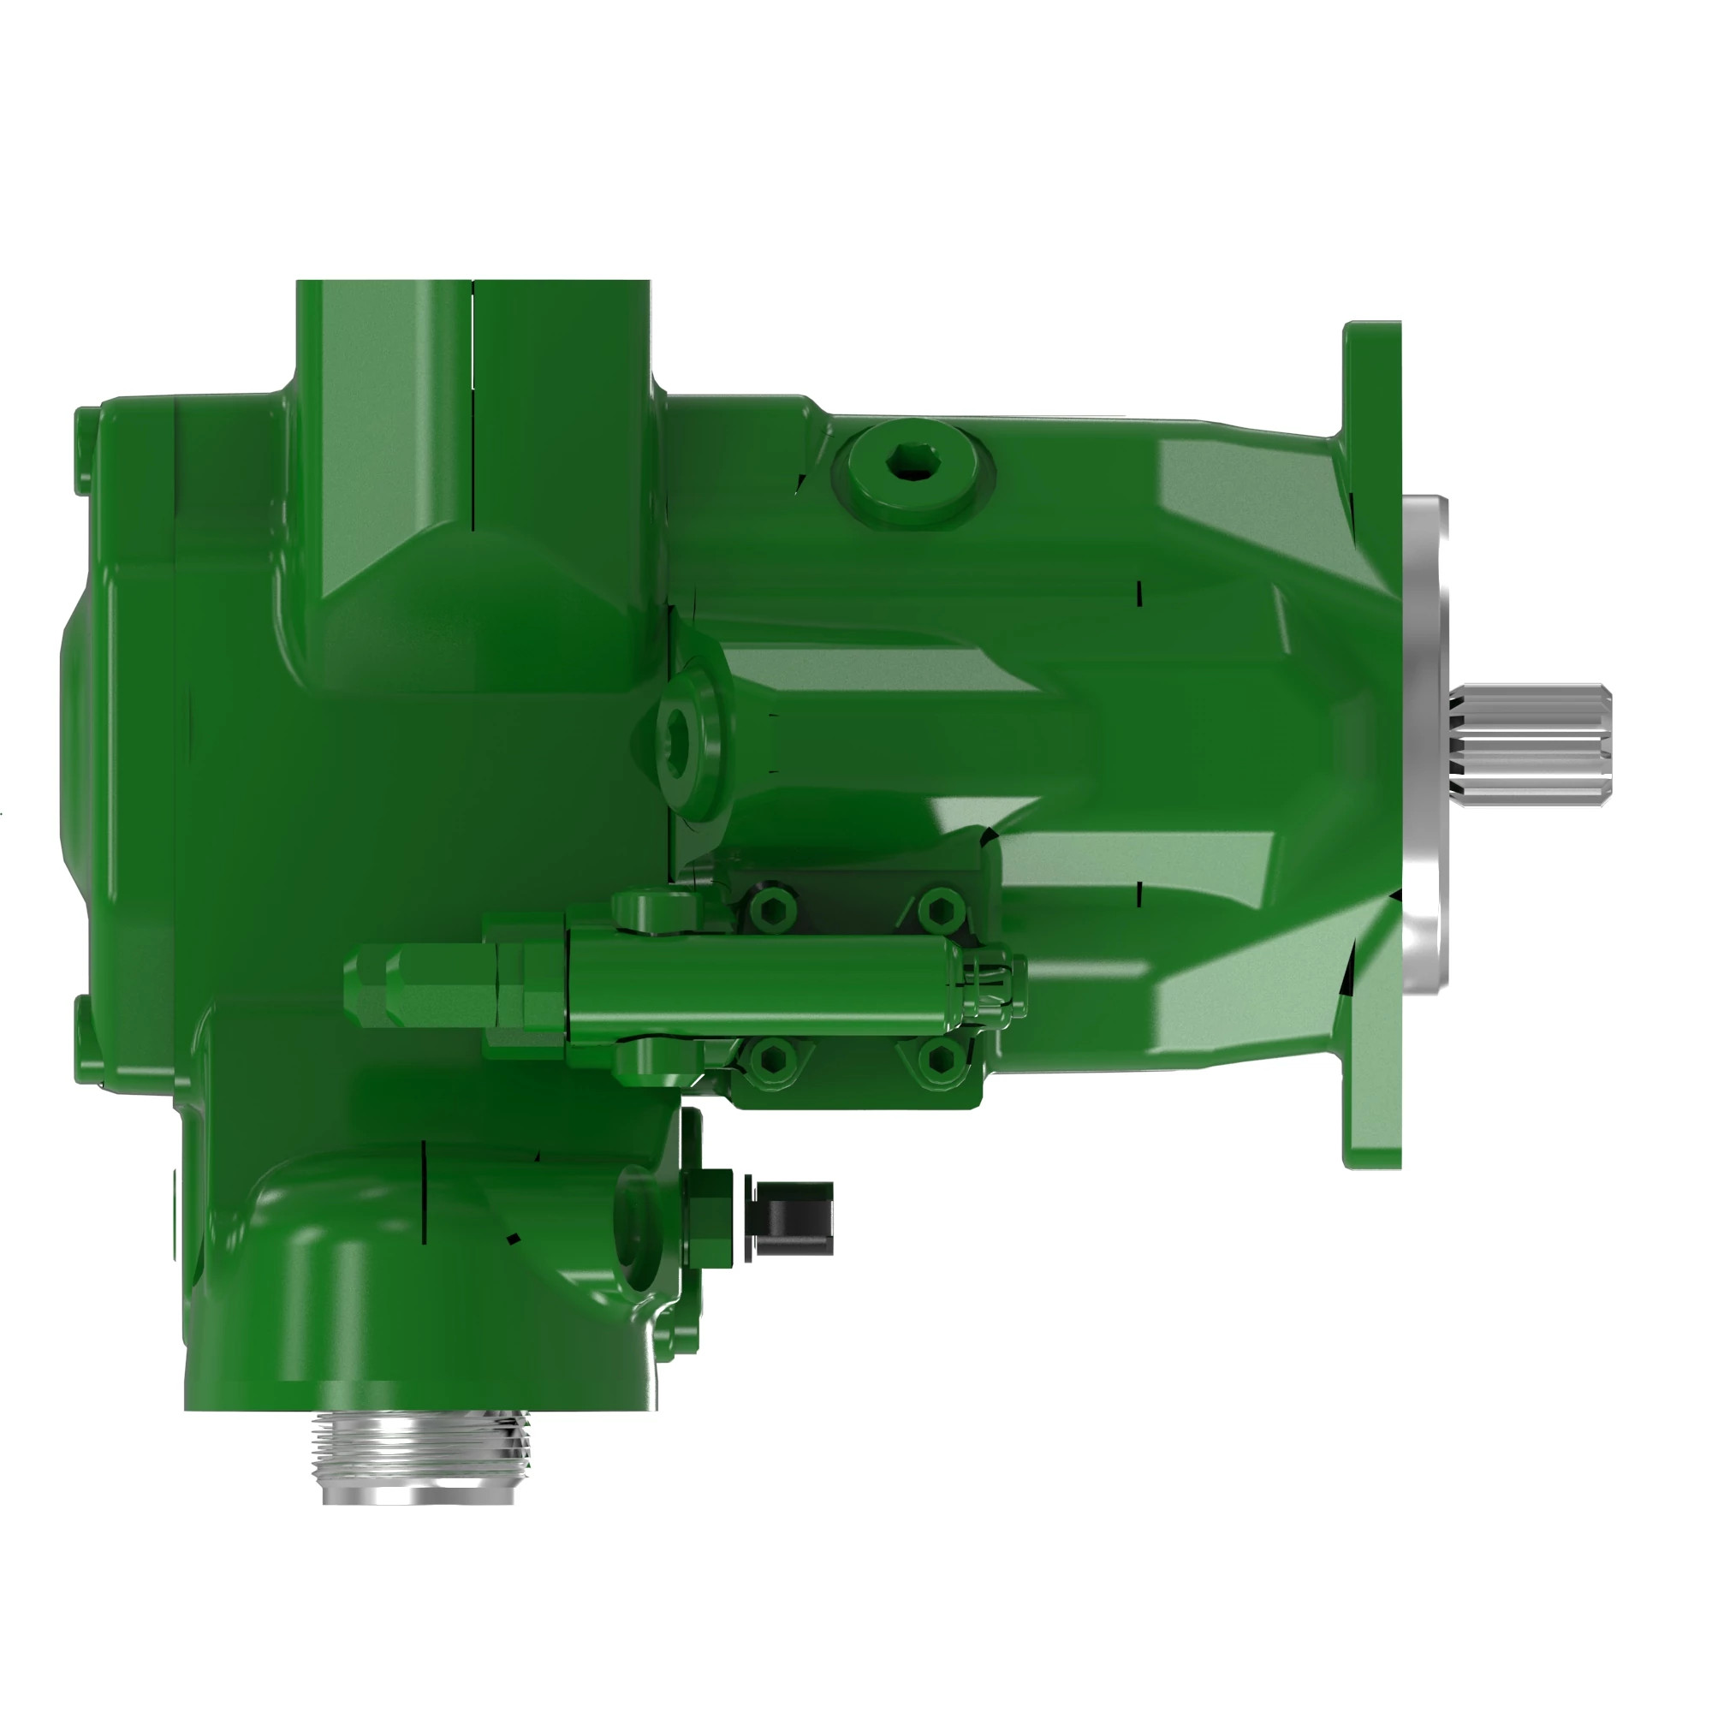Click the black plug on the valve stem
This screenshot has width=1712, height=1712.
pos(792,1216)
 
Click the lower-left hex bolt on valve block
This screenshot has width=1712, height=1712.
pos(771,1056)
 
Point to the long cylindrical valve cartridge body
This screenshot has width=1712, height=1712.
pos(762,984)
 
